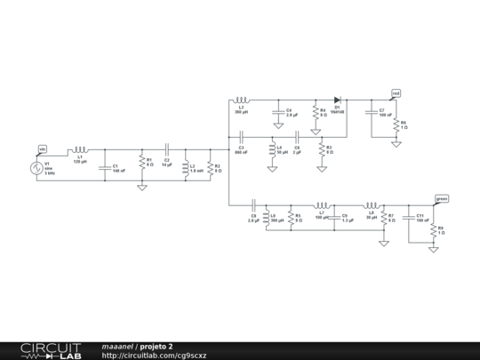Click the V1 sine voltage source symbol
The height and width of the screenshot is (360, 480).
38,165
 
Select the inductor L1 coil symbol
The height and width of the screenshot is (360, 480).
79,150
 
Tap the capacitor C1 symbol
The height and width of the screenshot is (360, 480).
106,166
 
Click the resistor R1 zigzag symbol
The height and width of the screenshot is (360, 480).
141,164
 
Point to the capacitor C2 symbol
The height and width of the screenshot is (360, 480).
165,150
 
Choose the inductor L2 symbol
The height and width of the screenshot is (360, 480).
185,166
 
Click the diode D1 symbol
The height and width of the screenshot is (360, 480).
337,100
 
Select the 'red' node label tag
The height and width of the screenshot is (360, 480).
396,92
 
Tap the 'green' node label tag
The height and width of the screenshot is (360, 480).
441,198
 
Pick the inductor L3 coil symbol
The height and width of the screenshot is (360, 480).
242,100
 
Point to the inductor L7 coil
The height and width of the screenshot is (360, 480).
322,205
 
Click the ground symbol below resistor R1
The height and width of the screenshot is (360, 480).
141,188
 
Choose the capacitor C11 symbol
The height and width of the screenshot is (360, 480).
410,217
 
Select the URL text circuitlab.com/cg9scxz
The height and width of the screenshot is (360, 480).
155,356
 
